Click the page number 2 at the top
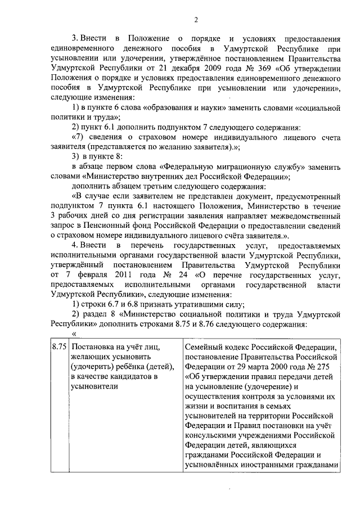(196, 20)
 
